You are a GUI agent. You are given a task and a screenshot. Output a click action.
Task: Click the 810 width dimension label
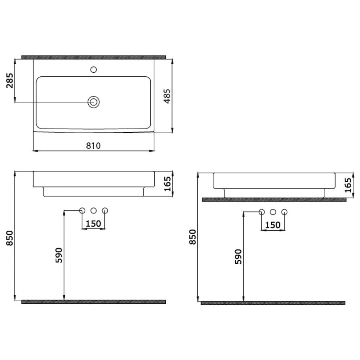pyautogui.click(x=93, y=146)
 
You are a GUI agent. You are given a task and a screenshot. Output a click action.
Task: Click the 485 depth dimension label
pyautogui.click(x=167, y=96)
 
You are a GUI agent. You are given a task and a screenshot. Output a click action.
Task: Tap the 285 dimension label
pyautogui.click(x=10, y=81)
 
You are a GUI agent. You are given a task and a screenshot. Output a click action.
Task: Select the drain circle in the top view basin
pyautogui.click(x=93, y=102)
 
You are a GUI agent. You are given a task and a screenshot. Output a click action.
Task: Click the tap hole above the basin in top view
pyautogui.click(x=93, y=69)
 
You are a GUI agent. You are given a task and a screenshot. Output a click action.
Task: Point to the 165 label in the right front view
pyautogui.click(x=348, y=185)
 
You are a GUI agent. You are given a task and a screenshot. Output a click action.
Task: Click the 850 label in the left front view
pyautogui.click(x=10, y=238)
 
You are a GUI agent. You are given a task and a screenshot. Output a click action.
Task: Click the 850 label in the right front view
pyautogui.click(x=193, y=237)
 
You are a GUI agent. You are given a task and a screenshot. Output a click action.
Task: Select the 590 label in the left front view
pyautogui.click(x=59, y=255)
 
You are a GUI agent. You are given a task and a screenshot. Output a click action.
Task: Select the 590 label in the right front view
pyautogui.click(x=238, y=256)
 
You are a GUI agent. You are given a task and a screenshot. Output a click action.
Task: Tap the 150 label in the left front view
pyautogui.click(x=93, y=224)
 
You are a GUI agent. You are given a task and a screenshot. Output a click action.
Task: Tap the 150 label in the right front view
pyautogui.click(x=273, y=225)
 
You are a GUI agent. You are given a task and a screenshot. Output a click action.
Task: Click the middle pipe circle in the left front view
pyautogui.click(x=93, y=210)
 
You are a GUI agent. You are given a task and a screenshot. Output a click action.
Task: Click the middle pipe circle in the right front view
pyautogui.click(x=273, y=212)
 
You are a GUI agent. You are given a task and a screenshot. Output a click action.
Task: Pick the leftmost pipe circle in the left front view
pyautogui.click(x=82, y=210)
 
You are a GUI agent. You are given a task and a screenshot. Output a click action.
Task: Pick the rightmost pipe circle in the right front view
pyautogui.click(x=284, y=212)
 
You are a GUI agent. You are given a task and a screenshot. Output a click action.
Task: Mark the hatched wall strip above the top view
pyautogui.click(x=93, y=57)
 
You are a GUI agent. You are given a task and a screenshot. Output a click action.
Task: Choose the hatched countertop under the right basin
pyautogui.click(x=274, y=199)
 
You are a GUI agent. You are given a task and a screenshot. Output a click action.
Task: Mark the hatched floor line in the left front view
pyautogui.click(x=93, y=302)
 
